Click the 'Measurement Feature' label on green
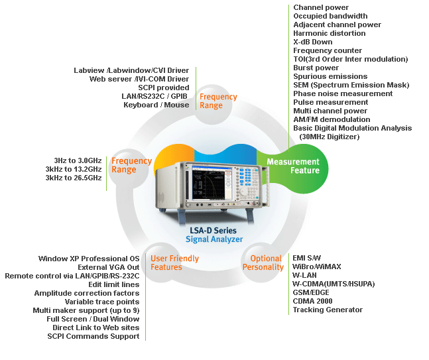(292, 166)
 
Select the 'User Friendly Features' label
(174, 263)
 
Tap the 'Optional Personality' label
(263, 263)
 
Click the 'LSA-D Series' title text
(214, 231)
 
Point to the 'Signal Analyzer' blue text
(214, 239)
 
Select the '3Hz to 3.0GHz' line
(78, 160)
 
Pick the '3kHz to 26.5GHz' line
(73, 178)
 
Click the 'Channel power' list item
(321, 7)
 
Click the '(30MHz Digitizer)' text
(330, 137)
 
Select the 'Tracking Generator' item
(328, 310)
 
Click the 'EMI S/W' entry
(306, 258)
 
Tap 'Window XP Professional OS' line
(89, 259)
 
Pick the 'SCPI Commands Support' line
(93, 336)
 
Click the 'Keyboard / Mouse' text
(156, 105)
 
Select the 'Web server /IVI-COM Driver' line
(139, 79)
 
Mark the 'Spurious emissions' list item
(330, 76)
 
